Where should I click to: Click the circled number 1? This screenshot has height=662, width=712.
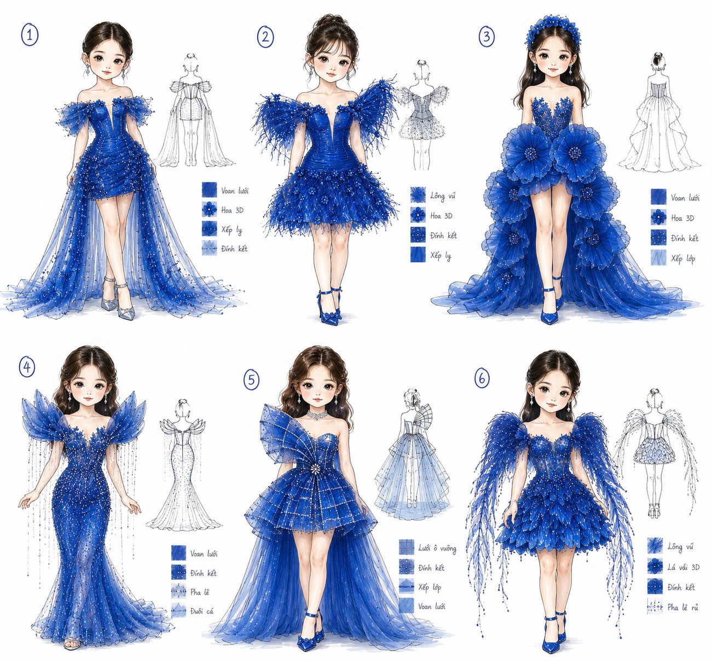30,35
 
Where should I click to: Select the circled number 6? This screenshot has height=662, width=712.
482,378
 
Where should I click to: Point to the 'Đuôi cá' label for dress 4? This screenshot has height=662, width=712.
202,611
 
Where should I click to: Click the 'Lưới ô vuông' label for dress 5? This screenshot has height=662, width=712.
437,548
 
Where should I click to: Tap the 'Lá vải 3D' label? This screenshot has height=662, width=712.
684,567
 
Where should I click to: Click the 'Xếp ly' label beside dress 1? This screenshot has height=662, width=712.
231,229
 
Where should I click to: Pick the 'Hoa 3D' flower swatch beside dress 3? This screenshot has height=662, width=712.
658,217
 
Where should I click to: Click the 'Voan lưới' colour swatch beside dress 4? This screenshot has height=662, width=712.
178,553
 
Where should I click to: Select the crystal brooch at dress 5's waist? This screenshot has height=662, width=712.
315,468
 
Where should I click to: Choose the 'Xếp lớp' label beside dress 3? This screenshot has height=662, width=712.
683,258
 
